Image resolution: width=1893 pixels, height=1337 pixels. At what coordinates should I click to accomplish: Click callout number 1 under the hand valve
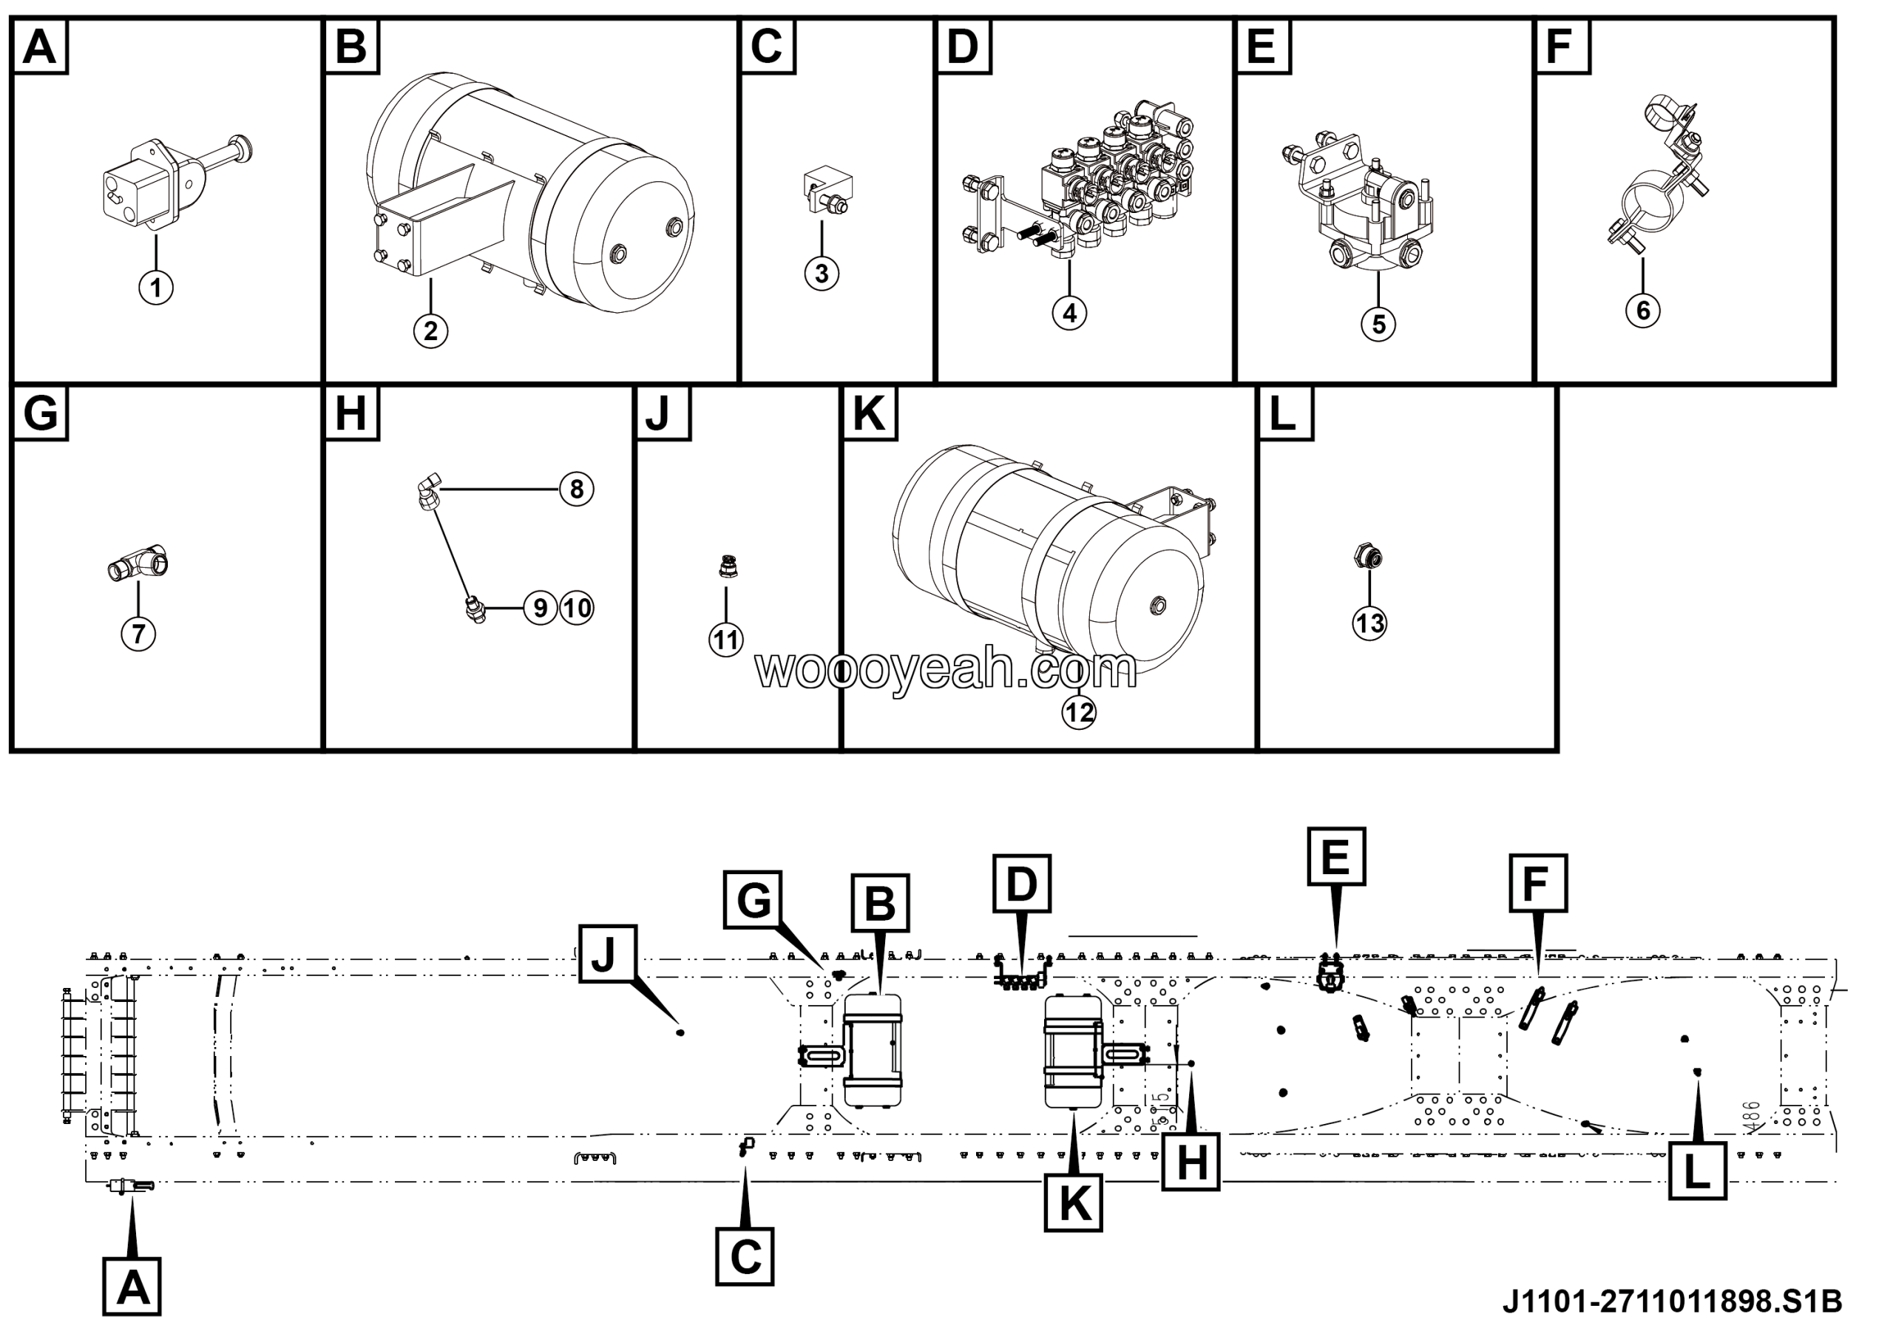(x=156, y=288)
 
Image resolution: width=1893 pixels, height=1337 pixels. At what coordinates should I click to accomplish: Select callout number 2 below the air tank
(x=430, y=331)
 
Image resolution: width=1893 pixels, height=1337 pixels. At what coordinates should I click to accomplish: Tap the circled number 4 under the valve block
(x=1069, y=314)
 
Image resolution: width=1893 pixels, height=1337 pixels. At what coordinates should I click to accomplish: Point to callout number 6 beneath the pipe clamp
(x=1642, y=311)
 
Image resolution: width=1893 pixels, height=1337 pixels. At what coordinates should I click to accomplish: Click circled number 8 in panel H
(x=576, y=489)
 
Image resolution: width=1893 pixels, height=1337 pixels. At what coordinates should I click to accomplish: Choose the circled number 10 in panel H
(x=577, y=609)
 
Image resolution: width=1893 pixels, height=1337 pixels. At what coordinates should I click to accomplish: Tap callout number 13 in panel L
(x=1369, y=623)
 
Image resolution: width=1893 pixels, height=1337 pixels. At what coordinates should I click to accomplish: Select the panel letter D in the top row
(x=962, y=46)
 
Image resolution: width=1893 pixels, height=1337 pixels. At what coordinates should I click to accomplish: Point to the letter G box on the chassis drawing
(x=753, y=900)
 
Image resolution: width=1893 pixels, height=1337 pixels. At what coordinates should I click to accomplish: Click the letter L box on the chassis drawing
(x=1697, y=1171)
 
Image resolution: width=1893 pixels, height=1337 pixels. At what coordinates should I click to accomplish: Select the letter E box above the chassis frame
(x=1335, y=856)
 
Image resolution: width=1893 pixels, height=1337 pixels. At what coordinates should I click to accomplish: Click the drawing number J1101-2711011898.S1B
(x=1671, y=1302)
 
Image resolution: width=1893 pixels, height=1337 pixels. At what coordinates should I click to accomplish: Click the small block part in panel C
(x=827, y=189)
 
